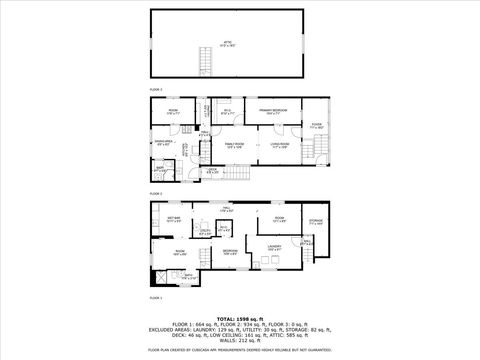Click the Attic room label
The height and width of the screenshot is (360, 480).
pos(227,43)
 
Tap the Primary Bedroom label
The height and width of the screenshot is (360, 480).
pos(269,112)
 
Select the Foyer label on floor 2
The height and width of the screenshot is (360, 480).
pos(315,126)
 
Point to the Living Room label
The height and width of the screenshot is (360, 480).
pos(280,146)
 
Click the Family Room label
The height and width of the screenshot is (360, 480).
pos(233,146)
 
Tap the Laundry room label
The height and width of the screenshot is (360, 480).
pos(273,246)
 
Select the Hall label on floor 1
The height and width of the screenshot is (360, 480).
pos(227,210)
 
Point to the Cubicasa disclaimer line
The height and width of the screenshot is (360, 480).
pos(239,350)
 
